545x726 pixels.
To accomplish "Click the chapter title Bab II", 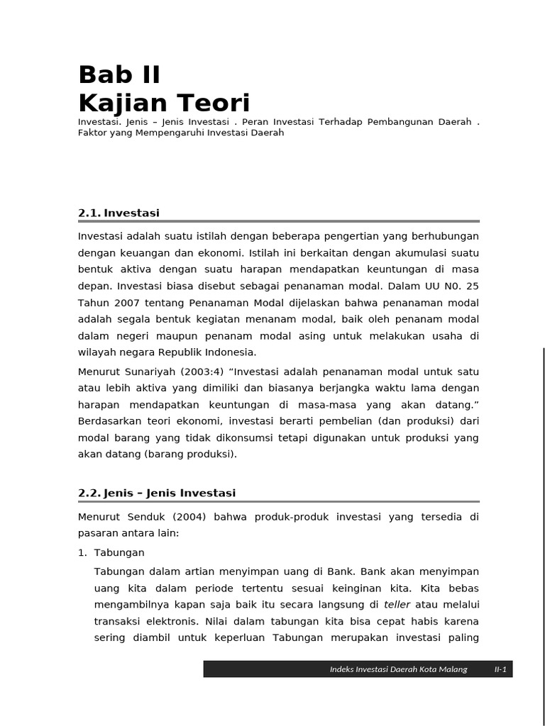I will [119, 74].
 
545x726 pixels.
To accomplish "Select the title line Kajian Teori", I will [164, 104].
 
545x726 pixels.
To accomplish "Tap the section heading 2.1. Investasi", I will [119, 213].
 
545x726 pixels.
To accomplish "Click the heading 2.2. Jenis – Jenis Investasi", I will [156, 493].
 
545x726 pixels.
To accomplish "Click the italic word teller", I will [397, 605].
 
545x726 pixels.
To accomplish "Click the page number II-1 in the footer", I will [500, 669].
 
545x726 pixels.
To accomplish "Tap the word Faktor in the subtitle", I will [92, 133].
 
